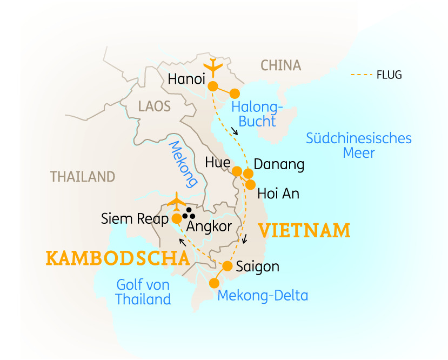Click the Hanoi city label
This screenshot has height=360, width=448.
coord(186,79)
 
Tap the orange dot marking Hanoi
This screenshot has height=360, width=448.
coord(213,86)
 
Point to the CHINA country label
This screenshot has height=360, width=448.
coord(280,66)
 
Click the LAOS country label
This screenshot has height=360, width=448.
coord(154,106)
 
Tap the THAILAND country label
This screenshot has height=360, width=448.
coord(83,177)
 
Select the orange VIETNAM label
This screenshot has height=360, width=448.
coord(304,231)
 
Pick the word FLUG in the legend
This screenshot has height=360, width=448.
coord(389,75)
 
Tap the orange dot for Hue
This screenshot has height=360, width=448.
coord(237,172)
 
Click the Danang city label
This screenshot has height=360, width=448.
coord(279,164)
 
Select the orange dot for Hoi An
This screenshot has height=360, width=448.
coord(250,184)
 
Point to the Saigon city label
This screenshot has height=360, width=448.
coord(258,266)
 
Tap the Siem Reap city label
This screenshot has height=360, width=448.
coord(135,219)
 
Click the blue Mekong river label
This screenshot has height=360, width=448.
coord(182,163)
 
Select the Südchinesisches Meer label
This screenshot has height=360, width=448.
coord(359,145)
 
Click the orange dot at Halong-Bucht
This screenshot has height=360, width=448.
coord(235,93)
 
